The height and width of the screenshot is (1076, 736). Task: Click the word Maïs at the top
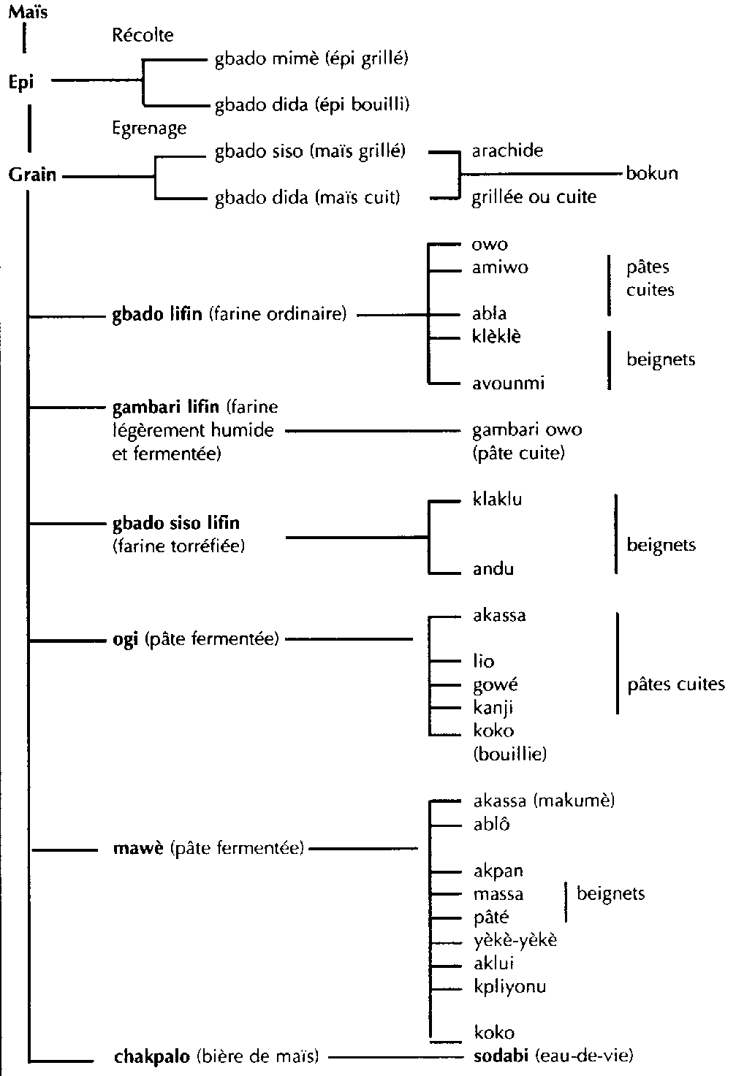tap(29, 12)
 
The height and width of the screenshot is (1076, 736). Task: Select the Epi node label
tap(22, 82)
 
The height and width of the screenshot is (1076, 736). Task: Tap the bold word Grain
tap(33, 175)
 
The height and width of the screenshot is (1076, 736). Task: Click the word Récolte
tap(143, 35)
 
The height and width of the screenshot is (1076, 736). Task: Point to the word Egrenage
tap(149, 128)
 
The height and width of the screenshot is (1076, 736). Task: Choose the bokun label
tap(652, 174)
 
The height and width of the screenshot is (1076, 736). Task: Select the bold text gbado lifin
tap(157, 315)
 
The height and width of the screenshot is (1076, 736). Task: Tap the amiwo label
tap(500, 267)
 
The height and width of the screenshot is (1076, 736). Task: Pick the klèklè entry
tap(497, 337)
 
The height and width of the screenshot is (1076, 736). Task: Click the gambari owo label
tap(527, 430)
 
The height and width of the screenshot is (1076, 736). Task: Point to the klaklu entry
tap(497, 500)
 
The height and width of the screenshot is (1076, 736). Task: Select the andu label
tap(493, 569)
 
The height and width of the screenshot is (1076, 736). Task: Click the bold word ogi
tap(126, 640)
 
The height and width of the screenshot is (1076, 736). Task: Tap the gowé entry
tap(496, 685)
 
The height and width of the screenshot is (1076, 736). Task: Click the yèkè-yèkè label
tap(515, 940)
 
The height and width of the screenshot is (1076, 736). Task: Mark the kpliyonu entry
tap(510, 987)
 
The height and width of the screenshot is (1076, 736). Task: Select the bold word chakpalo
tap(153, 1056)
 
